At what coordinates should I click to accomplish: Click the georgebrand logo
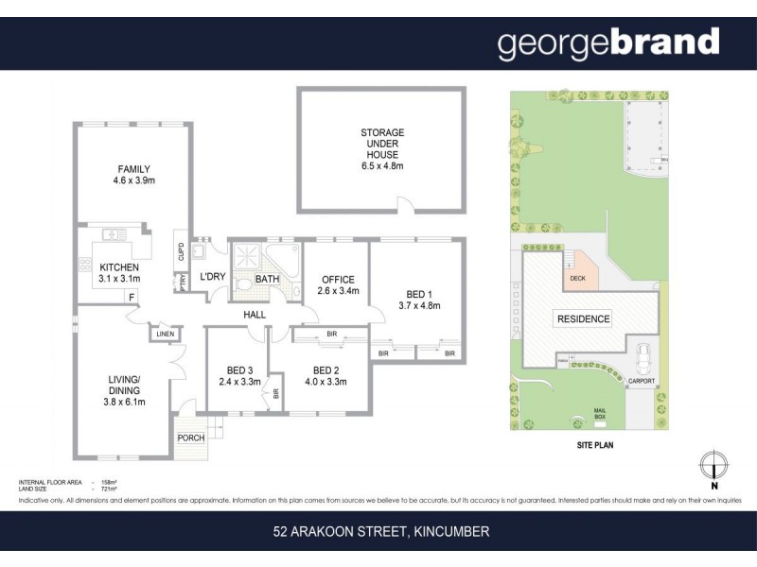pos(608,43)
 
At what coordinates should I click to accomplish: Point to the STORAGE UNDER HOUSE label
pos(382,148)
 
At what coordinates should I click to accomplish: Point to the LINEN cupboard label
pos(164,334)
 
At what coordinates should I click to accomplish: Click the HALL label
pos(255,315)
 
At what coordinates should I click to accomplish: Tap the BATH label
pos(267,279)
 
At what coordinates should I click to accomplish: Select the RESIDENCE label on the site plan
pos(582,318)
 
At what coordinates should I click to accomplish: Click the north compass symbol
pos(715,467)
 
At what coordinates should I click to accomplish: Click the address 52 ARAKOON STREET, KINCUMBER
pos(378,532)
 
